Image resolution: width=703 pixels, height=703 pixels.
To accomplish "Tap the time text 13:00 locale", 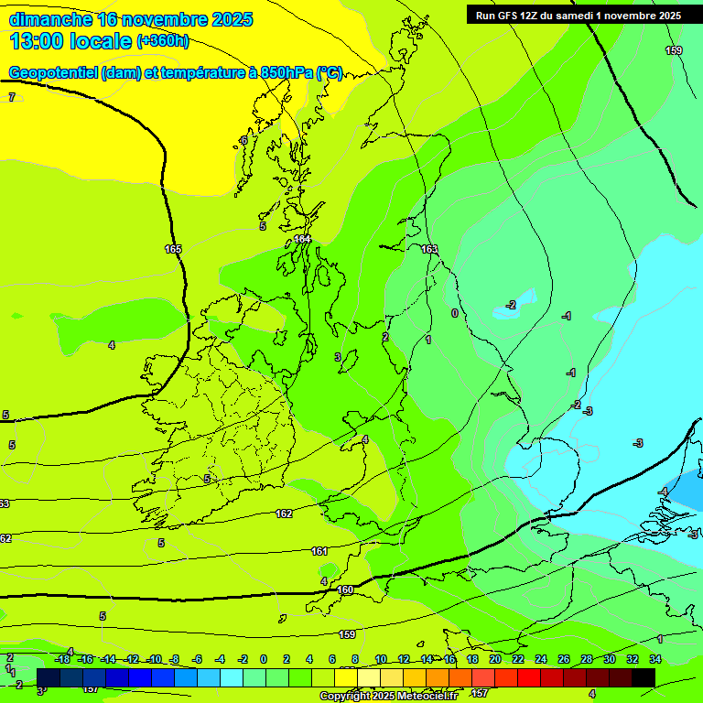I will (70, 41).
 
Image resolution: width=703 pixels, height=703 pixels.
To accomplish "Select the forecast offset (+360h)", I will (164, 41).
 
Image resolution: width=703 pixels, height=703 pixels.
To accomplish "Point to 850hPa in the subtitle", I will (287, 73).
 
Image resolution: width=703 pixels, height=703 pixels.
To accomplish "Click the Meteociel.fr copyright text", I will (389, 696).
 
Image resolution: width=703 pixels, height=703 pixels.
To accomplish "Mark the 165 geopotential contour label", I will (173, 249).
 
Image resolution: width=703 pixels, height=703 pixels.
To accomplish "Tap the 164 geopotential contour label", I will (302, 239).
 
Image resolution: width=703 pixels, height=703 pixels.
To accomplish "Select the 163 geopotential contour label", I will (429, 249).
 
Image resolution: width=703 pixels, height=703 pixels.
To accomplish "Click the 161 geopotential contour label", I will (319, 551).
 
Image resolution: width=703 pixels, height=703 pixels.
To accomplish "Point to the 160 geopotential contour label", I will (345, 590).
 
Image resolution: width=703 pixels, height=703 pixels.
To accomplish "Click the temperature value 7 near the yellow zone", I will (12, 97).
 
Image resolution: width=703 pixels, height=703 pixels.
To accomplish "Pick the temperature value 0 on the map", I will (455, 313).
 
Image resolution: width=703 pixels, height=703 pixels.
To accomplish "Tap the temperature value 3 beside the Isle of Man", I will (338, 357).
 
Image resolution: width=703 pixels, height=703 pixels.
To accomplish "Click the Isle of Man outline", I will (348, 361).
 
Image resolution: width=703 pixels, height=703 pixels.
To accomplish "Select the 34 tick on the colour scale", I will (655, 659).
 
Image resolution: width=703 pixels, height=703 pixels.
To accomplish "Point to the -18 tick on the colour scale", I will (63, 659).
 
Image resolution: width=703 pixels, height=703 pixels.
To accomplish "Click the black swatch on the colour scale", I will (644, 676).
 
